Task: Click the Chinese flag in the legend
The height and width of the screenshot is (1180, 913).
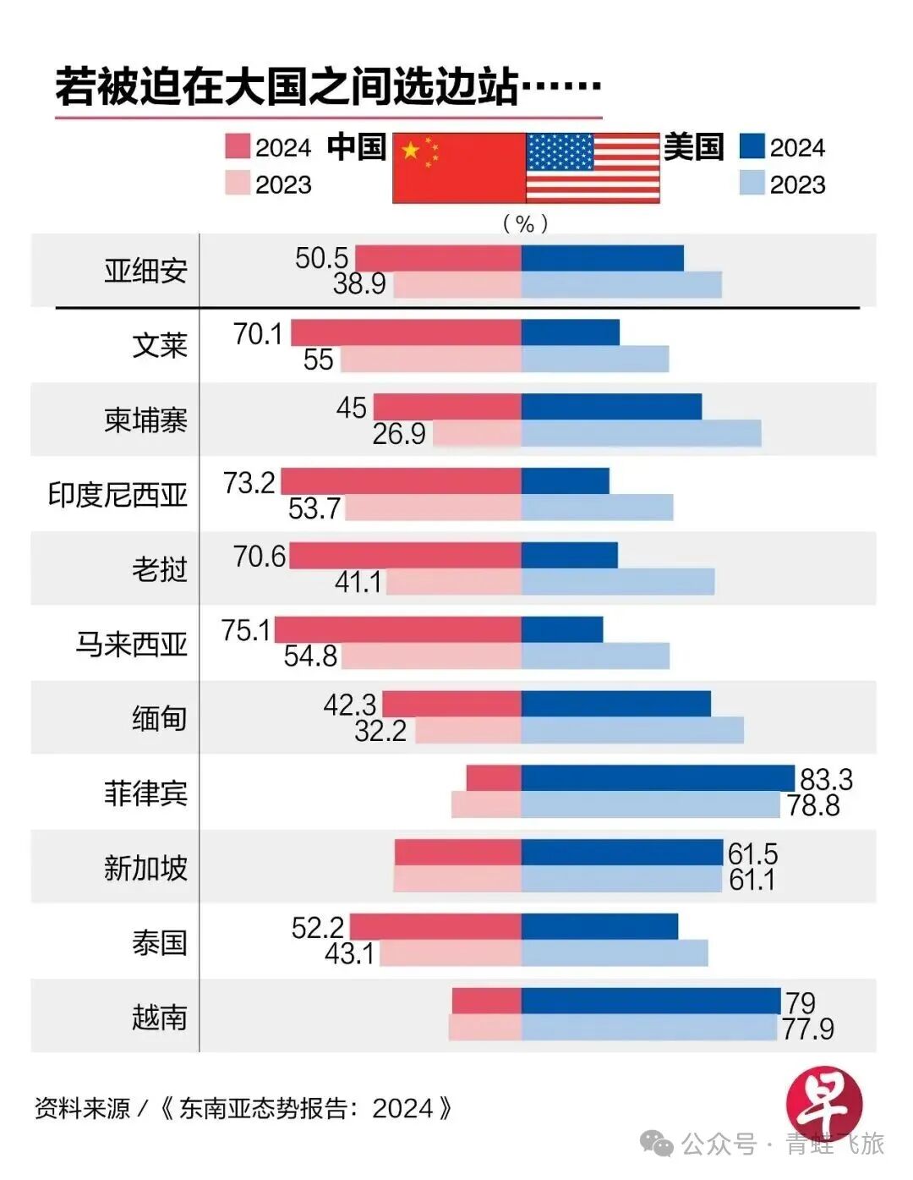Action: (x=459, y=167)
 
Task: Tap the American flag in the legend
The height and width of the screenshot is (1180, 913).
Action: (x=593, y=167)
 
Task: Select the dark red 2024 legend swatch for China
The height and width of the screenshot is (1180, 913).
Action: (x=238, y=146)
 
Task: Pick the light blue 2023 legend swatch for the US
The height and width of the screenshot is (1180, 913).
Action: (x=752, y=184)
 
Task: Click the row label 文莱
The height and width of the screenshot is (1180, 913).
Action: (x=159, y=345)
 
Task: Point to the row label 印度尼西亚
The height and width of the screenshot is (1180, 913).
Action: (x=118, y=494)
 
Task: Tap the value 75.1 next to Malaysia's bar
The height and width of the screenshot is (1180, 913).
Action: (x=246, y=630)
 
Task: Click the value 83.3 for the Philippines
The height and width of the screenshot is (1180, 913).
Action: (x=826, y=778)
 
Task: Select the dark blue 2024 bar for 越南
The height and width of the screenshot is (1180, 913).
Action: (x=650, y=1001)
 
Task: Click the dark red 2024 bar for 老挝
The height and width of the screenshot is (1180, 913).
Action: (x=405, y=556)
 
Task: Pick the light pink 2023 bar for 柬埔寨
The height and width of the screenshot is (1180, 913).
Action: (x=477, y=434)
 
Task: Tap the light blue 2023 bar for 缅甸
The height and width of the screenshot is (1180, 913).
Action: (x=631, y=730)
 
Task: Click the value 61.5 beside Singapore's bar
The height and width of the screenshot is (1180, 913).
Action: (x=752, y=853)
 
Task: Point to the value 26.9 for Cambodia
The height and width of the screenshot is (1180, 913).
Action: (x=399, y=434)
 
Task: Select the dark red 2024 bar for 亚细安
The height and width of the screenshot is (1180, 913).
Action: (x=438, y=258)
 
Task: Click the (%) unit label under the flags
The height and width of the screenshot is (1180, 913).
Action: (x=525, y=223)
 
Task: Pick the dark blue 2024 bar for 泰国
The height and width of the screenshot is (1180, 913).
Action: (x=599, y=926)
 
